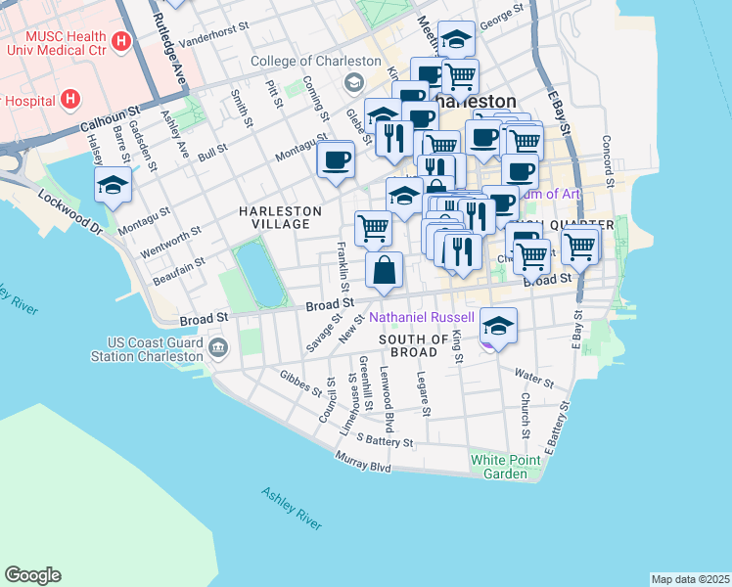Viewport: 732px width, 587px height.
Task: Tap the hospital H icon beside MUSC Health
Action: [121, 41]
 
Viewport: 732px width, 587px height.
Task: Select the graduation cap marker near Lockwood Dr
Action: [113, 184]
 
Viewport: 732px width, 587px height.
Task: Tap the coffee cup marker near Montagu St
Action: [336, 159]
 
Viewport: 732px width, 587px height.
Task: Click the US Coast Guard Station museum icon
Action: [217, 345]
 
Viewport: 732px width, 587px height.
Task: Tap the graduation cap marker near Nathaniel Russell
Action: [499, 327]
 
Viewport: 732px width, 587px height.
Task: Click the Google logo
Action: [32, 575]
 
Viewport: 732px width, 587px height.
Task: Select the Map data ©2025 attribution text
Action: [690, 578]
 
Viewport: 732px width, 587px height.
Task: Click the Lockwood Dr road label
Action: [70, 211]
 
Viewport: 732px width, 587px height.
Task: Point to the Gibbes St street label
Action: [300, 383]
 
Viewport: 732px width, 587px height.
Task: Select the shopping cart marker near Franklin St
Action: [373, 228]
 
